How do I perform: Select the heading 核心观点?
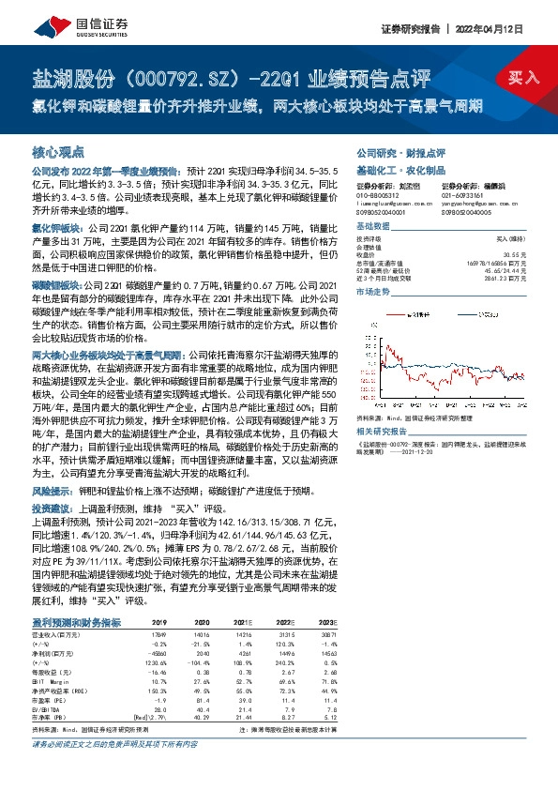tap(58, 150)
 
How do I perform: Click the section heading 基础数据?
tap(372, 228)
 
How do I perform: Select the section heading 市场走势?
tap(372, 294)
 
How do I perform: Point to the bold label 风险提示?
tap(53, 490)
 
